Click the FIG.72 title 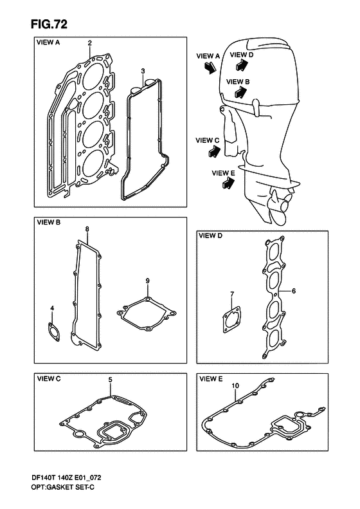coord(50,24)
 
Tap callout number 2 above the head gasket coord(90,42)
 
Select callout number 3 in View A coord(143,71)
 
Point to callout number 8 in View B coord(87,229)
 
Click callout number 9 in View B coord(148,281)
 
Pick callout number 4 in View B coord(52,308)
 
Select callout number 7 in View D coord(232,294)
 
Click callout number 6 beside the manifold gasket coord(294,291)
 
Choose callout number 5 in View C coord(111,380)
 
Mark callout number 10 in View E coord(235,385)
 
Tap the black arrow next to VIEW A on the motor coord(210,67)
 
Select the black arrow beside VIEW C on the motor coord(214,151)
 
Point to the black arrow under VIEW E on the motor coord(228,183)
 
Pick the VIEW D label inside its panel coord(210,236)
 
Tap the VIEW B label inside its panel coord(49,223)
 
